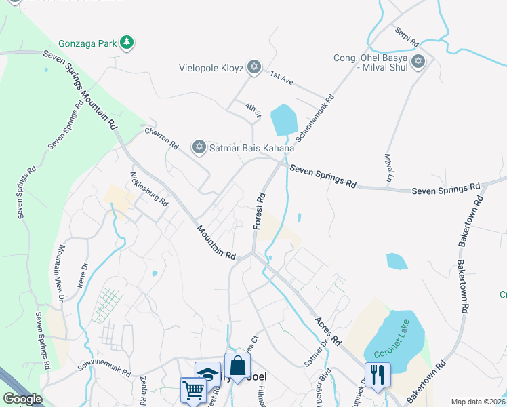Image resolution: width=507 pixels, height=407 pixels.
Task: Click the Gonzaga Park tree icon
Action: tap(126, 43)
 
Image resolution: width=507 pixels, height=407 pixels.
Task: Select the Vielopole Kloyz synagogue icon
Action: tap(254, 66)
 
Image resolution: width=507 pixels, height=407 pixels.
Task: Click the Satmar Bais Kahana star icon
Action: tap(199, 147)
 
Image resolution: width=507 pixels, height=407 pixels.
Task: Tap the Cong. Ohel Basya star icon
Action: tap(418, 62)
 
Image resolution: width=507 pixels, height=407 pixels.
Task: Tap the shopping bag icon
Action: tap(237, 366)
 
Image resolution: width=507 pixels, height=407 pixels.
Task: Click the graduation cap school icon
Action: tap(207, 374)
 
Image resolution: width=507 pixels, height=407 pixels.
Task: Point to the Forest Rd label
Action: tap(260, 210)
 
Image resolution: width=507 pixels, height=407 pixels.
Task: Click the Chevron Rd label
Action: tap(161, 136)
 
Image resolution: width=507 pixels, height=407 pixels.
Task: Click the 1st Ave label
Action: tap(281, 78)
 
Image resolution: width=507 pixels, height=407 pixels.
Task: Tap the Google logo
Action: tap(22, 398)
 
